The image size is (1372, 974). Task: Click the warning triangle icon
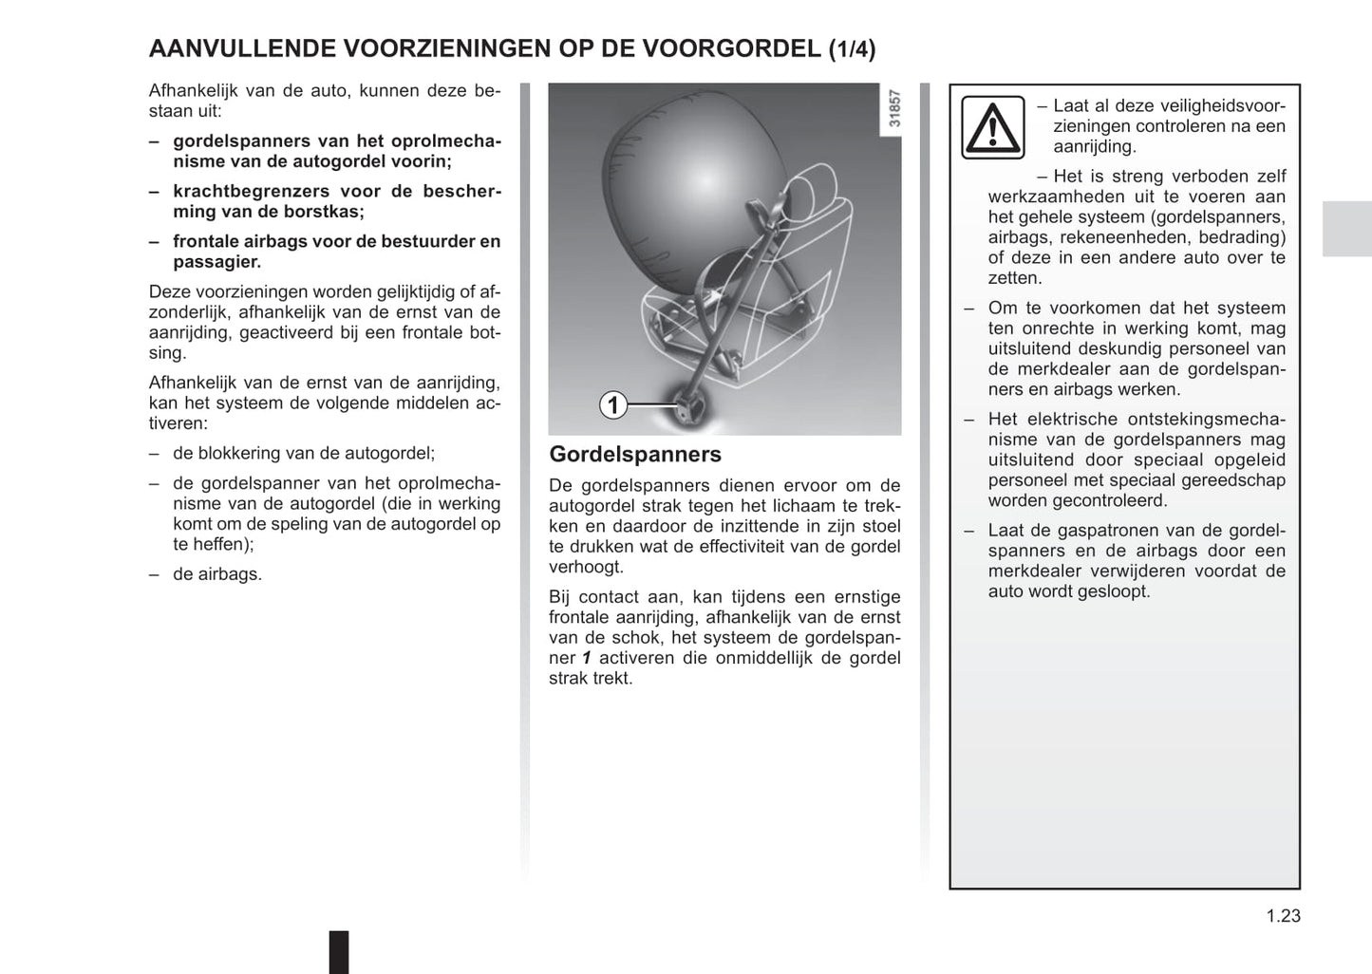point(992,126)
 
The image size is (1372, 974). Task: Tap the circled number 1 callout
point(613,405)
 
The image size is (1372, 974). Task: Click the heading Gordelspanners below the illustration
point(635,454)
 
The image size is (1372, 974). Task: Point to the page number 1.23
point(1283,916)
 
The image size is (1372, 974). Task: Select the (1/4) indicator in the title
point(852,49)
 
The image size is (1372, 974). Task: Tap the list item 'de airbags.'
point(217,574)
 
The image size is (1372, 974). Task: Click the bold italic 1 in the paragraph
point(587,658)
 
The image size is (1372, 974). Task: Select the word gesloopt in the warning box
point(1118,591)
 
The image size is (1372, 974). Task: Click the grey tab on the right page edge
point(1346,229)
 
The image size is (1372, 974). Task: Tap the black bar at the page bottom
point(339,951)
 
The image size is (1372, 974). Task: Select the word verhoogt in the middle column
point(586,567)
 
